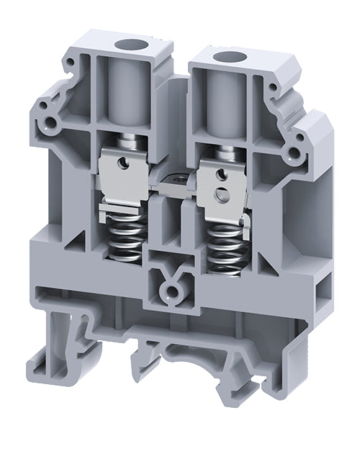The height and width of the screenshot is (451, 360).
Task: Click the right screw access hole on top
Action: tap(230, 57)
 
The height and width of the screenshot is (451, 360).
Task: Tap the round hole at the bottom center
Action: tap(171, 292)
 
